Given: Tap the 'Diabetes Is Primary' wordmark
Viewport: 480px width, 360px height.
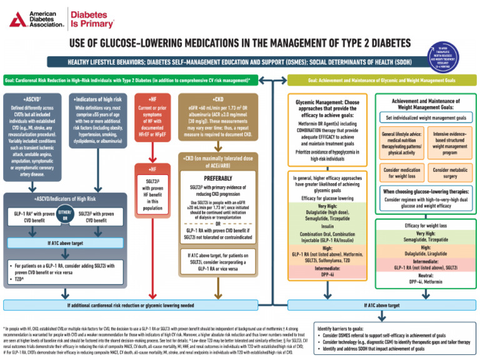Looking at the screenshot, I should pyautogui.click(x=88, y=19).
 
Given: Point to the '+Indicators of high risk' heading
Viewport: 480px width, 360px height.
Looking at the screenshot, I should pyautogui.click(x=97, y=99).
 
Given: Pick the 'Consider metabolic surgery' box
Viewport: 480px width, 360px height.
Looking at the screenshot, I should pyautogui.click(x=448, y=172).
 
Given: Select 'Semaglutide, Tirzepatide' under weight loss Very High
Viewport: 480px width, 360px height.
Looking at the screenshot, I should pyautogui.click(x=425, y=239).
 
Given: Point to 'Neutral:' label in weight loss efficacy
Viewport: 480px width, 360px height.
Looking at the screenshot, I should pyautogui.click(x=425, y=274).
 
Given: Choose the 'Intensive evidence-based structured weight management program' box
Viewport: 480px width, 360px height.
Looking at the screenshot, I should pyautogui.click(x=448, y=142).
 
